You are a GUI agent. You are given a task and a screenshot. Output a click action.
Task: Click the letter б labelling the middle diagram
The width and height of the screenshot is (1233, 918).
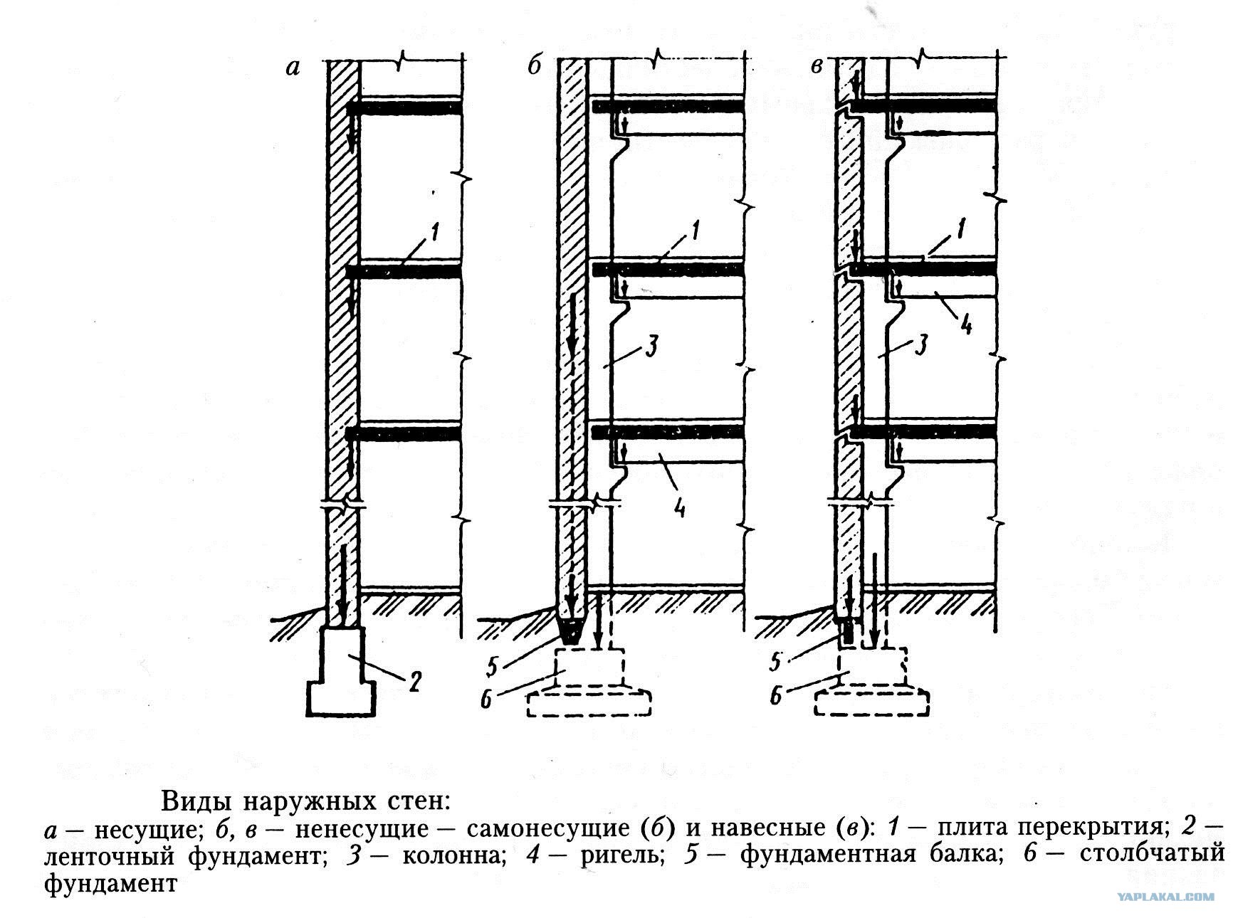pos(535,66)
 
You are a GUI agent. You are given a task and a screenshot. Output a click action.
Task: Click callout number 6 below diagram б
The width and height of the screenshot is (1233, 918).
pos(486,700)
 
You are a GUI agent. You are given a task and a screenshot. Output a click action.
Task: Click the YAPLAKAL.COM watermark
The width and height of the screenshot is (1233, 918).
pos(1165,897)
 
